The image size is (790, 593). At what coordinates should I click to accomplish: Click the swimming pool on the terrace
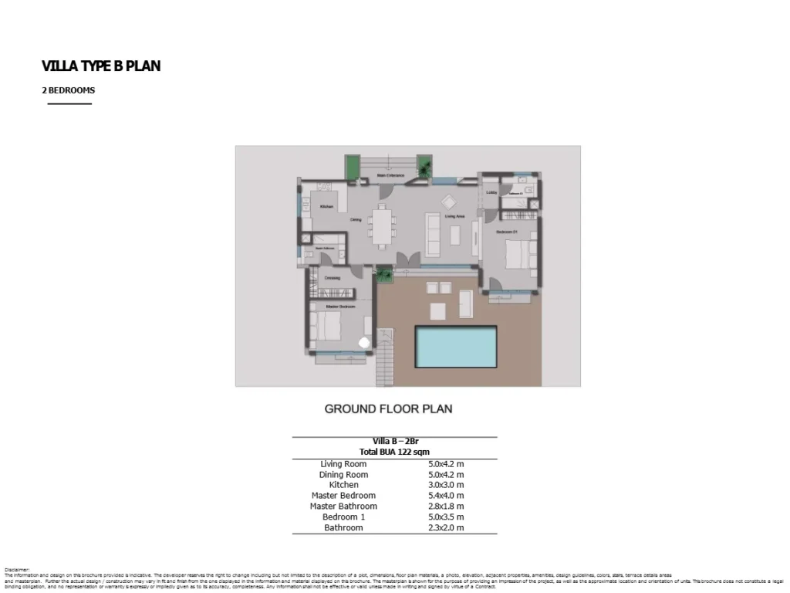[x=455, y=347]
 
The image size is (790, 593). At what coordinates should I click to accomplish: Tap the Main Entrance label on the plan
[x=391, y=176]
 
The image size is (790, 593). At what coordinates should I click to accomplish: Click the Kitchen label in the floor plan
[x=326, y=207]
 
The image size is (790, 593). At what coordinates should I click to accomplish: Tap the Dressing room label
[x=332, y=277]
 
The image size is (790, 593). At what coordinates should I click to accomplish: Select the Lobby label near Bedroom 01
[x=491, y=192]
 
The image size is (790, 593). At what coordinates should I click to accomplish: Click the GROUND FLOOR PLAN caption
[x=388, y=409]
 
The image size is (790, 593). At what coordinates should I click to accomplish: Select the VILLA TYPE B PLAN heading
[x=101, y=66]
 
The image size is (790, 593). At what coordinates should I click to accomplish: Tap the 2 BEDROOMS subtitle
[x=69, y=90]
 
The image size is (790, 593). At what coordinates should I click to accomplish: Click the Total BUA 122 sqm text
[x=394, y=452]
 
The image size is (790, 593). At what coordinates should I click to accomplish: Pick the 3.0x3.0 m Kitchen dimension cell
[x=446, y=485]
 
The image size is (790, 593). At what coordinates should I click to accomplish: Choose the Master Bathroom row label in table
[x=343, y=507]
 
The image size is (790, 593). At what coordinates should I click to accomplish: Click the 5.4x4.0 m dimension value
[x=446, y=496]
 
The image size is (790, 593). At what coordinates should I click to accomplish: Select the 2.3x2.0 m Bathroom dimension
[x=446, y=528]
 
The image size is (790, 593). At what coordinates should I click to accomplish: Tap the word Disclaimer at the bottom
[x=16, y=570]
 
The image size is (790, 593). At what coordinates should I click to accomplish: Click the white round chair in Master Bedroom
[x=364, y=341]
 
